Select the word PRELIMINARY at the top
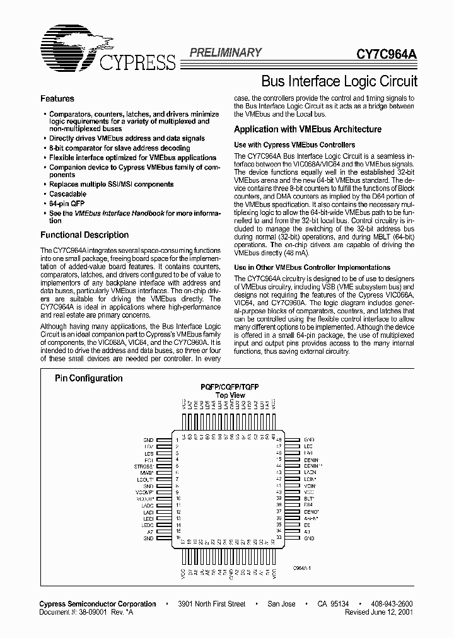click(x=226, y=53)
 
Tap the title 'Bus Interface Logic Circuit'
click(x=339, y=81)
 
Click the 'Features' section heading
click(x=57, y=99)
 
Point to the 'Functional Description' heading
click(x=84, y=235)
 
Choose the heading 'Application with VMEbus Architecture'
click(x=308, y=129)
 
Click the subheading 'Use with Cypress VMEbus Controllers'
click(x=294, y=145)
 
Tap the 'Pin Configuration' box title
click(x=88, y=378)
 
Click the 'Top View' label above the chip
click(x=230, y=395)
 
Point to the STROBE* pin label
click(x=144, y=467)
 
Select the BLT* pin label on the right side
click(x=308, y=498)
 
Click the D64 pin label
click(x=308, y=505)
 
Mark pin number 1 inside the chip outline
click(x=177, y=439)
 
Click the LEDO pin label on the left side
click(x=148, y=525)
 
